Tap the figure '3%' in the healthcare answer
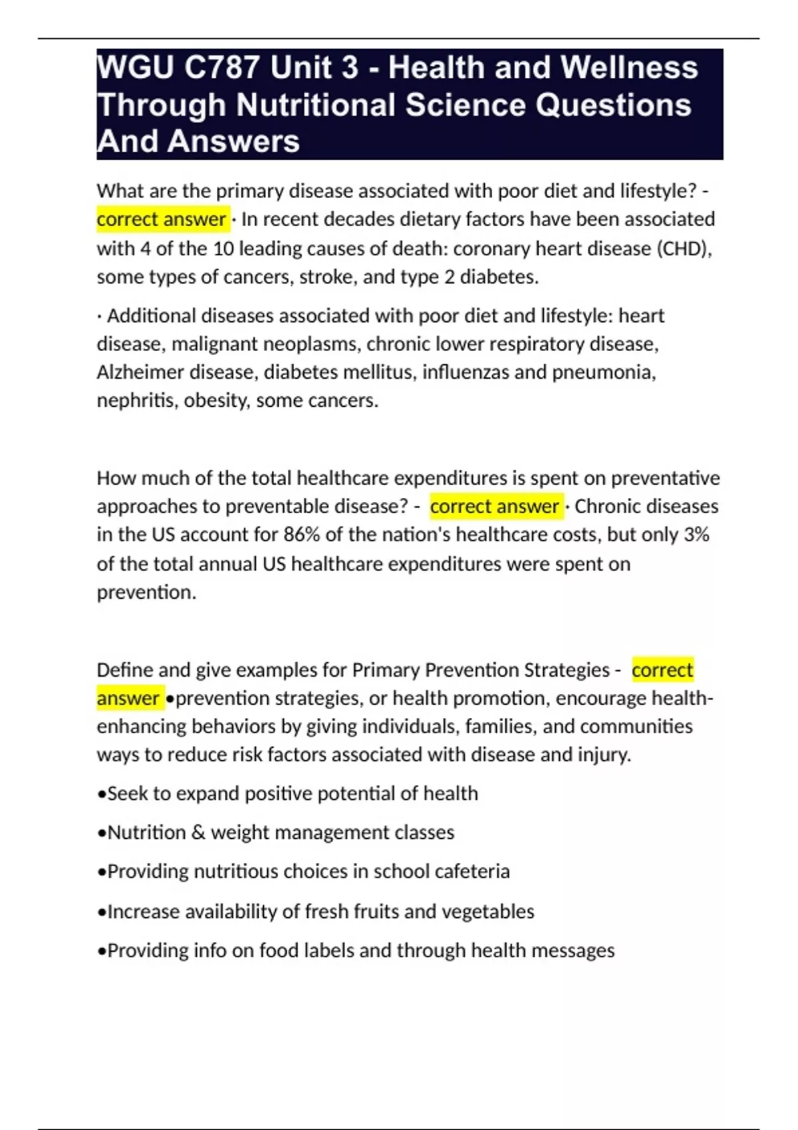point(696,534)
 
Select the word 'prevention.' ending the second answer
point(146,592)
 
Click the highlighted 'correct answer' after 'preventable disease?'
point(494,507)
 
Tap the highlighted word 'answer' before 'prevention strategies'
point(128,698)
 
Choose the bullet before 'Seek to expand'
point(101,794)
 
